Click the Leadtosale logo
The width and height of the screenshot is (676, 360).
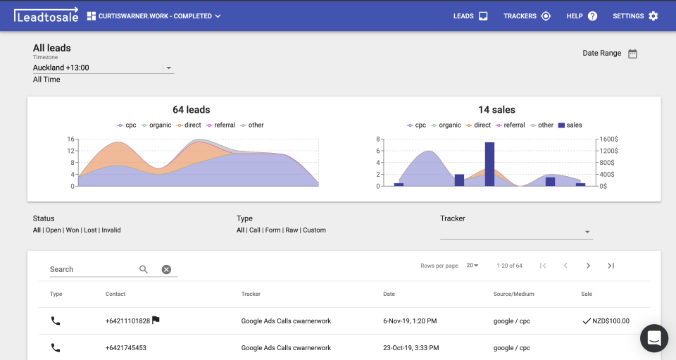click(44, 15)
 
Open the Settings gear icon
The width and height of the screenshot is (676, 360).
click(653, 16)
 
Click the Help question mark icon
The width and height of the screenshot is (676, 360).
click(592, 16)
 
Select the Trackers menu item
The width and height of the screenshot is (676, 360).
click(527, 16)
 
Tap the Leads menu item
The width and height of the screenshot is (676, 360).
click(470, 16)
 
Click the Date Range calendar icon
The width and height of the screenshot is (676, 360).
click(632, 54)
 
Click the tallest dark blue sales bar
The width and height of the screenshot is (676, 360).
click(489, 163)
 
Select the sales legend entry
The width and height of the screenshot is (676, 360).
click(570, 125)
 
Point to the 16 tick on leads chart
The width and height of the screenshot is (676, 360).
click(71, 139)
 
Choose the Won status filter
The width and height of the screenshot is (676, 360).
click(73, 230)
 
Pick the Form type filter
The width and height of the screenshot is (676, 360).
click(273, 230)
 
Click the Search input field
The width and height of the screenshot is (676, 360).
click(92, 269)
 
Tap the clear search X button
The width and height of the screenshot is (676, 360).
click(166, 269)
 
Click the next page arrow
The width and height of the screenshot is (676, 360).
click(588, 266)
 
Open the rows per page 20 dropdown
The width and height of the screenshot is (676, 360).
click(472, 266)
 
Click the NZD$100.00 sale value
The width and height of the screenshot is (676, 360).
click(611, 321)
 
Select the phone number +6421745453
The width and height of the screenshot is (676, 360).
click(126, 347)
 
